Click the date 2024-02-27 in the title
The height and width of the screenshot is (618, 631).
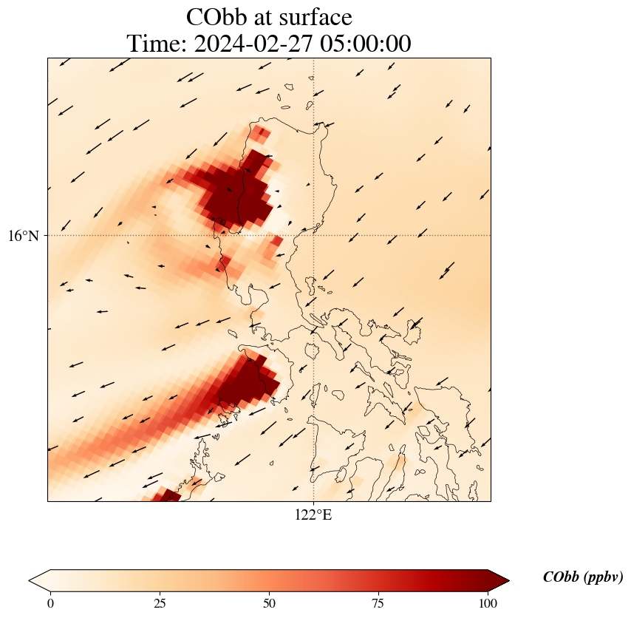tap(251, 44)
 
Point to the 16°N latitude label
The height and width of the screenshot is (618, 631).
tap(24, 236)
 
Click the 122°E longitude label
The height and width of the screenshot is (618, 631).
tap(313, 515)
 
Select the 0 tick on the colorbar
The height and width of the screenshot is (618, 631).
tap(50, 602)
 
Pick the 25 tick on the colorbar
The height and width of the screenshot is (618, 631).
tap(160, 602)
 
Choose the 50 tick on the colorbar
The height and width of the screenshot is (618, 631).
tap(269, 602)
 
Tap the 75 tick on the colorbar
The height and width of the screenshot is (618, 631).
tap(378, 602)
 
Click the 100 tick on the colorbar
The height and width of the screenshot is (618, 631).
tap(488, 602)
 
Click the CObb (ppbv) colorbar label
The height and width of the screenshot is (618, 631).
tap(582, 577)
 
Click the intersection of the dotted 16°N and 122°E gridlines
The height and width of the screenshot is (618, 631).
tap(314, 236)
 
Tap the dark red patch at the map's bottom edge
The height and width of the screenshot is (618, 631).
tap(167, 495)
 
